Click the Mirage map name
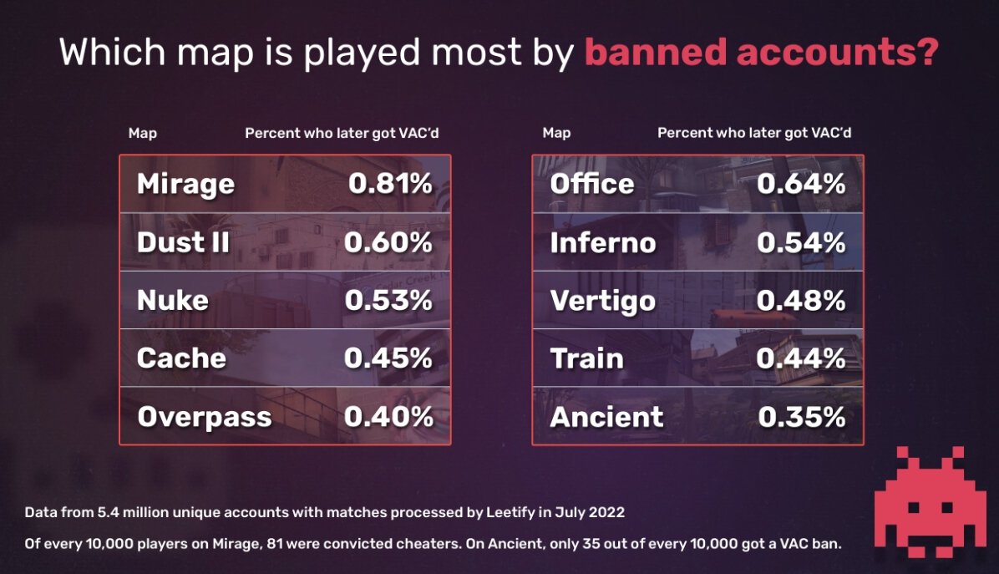(185, 184)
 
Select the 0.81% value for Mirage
(390, 184)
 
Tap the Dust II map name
(183, 242)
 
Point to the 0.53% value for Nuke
(388, 300)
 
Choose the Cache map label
(181, 358)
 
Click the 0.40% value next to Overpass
(388, 416)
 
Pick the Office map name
(592, 184)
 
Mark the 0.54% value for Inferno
(801, 242)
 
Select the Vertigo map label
(603, 301)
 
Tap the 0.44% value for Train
(801, 358)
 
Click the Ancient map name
(606, 416)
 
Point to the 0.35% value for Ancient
(802, 416)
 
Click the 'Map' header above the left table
(142, 133)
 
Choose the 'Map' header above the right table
(556, 133)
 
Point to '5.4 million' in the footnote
(124, 511)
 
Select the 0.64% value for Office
(801, 184)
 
